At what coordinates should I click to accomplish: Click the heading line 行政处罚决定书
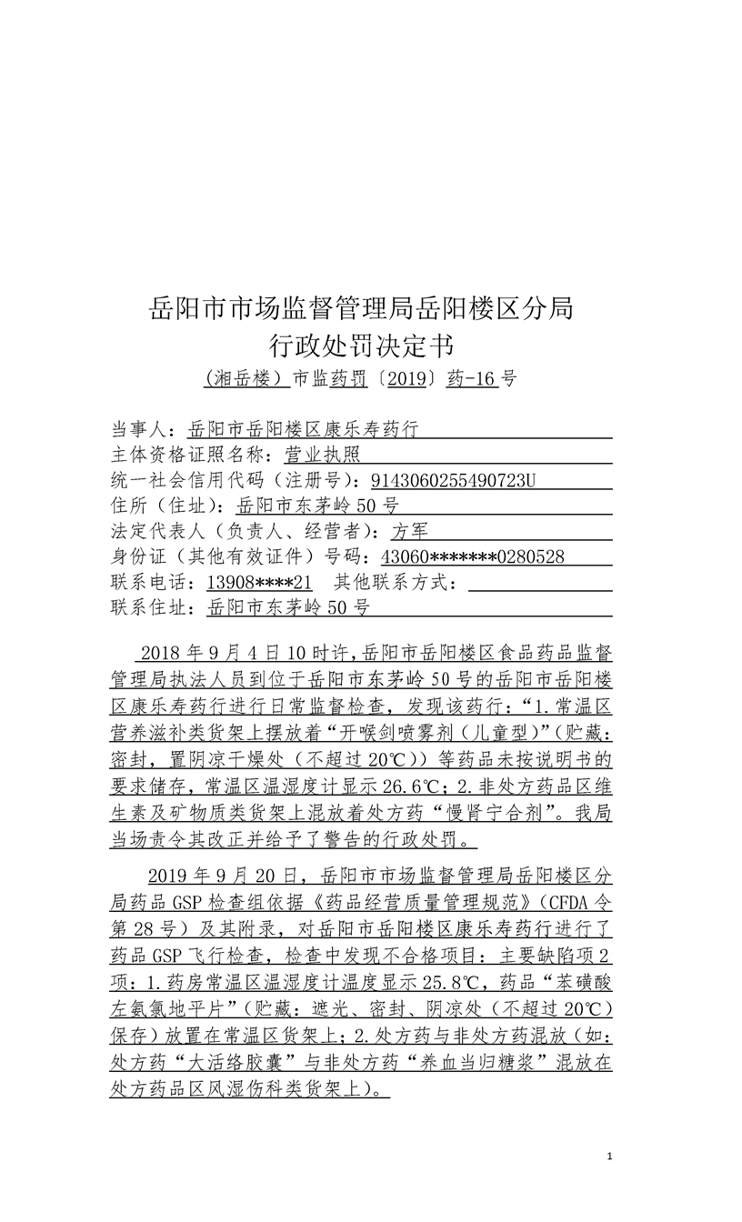pyautogui.click(x=361, y=346)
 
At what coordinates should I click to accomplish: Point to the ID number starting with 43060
pyautogui.click(x=472, y=556)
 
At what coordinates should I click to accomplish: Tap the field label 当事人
pyautogui.click(x=141, y=429)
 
